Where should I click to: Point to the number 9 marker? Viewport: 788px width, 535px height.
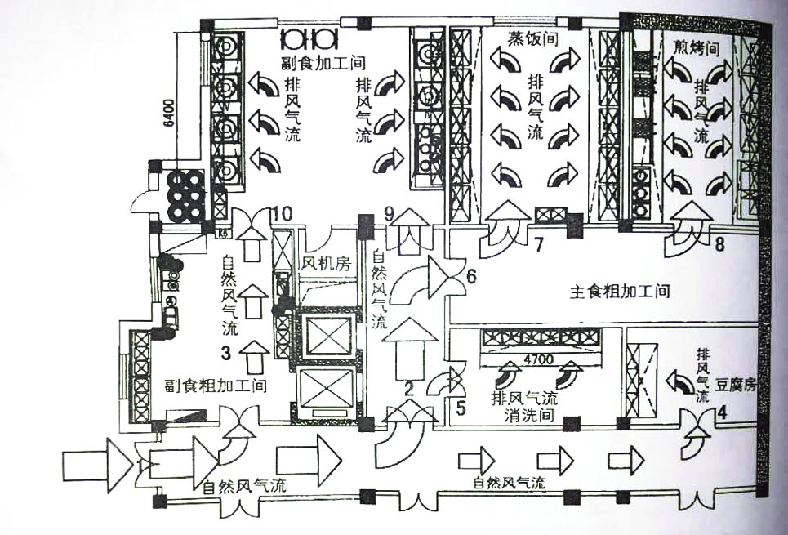(390, 214)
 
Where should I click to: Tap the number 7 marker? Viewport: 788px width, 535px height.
(538, 243)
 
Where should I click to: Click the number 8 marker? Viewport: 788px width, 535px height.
(719, 243)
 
